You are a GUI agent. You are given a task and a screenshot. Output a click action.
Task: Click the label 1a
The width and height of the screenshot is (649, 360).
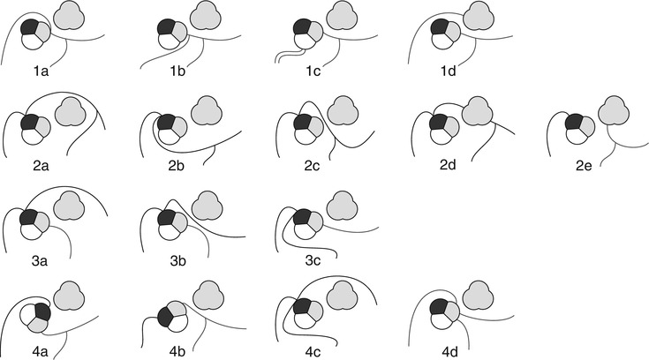pyautogui.click(x=41, y=71)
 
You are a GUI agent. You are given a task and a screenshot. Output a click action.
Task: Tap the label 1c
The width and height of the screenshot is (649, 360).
pyautogui.click(x=313, y=71)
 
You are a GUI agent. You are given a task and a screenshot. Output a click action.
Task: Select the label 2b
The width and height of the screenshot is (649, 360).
pyautogui.click(x=177, y=165)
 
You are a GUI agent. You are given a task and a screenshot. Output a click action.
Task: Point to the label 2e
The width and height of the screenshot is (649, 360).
pyautogui.click(x=584, y=165)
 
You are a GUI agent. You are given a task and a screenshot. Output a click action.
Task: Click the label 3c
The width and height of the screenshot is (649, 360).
pyautogui.click(x=313, y=260)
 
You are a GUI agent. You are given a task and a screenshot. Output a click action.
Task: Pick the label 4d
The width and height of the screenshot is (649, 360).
pyautogui.click(x=450, y=352)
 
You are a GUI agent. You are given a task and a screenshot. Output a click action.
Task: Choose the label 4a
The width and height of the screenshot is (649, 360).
pyautogui.click(x=40, y=352)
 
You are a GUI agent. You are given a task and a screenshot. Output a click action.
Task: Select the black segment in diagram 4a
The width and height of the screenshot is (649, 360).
pyautogui.click(x=43, y=312)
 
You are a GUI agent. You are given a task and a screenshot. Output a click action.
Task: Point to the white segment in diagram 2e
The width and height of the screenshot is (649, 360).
pyautogui.click(x=575, y=136)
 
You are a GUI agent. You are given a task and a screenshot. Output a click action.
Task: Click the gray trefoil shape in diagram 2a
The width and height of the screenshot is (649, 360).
pyautogui.click(x=71, y=112)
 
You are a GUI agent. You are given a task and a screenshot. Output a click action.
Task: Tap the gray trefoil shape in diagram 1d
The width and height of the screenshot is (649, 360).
pyautogui.click(x=478, y=15)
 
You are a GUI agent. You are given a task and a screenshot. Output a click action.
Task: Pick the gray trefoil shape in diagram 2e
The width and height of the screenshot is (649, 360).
pyautogui.click(x=614, y=110)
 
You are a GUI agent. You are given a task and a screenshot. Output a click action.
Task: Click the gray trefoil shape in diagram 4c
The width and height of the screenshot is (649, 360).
pyautogui.click(x=343, y=296)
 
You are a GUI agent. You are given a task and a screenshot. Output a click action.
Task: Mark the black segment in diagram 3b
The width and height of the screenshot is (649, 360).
pyautogui.click(x=167, y=217)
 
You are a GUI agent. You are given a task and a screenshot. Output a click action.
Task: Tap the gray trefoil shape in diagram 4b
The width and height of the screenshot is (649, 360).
pyautogui.click(x=208, y=296)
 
